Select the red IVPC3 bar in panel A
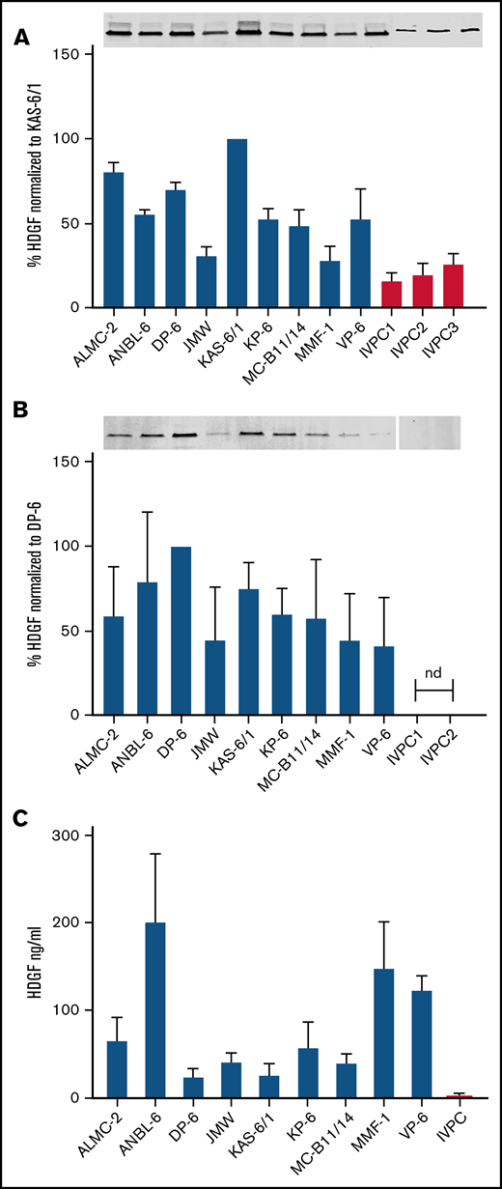point(454,286)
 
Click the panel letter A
point(20,38)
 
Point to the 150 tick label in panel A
point(66,54)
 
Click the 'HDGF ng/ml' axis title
point(35,965)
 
